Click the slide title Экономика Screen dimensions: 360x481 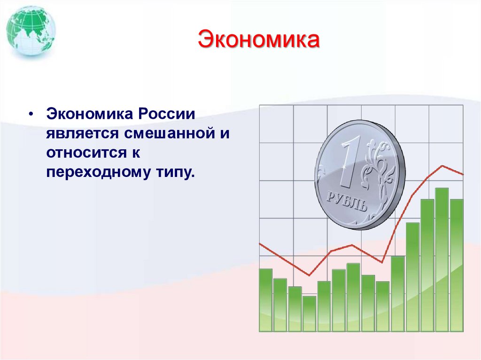(258, 40)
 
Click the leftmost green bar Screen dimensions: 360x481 (265, 300)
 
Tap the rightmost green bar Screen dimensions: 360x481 (457, 265)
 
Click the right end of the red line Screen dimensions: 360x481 (463, 174)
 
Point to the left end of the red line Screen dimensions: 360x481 (260, 244)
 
